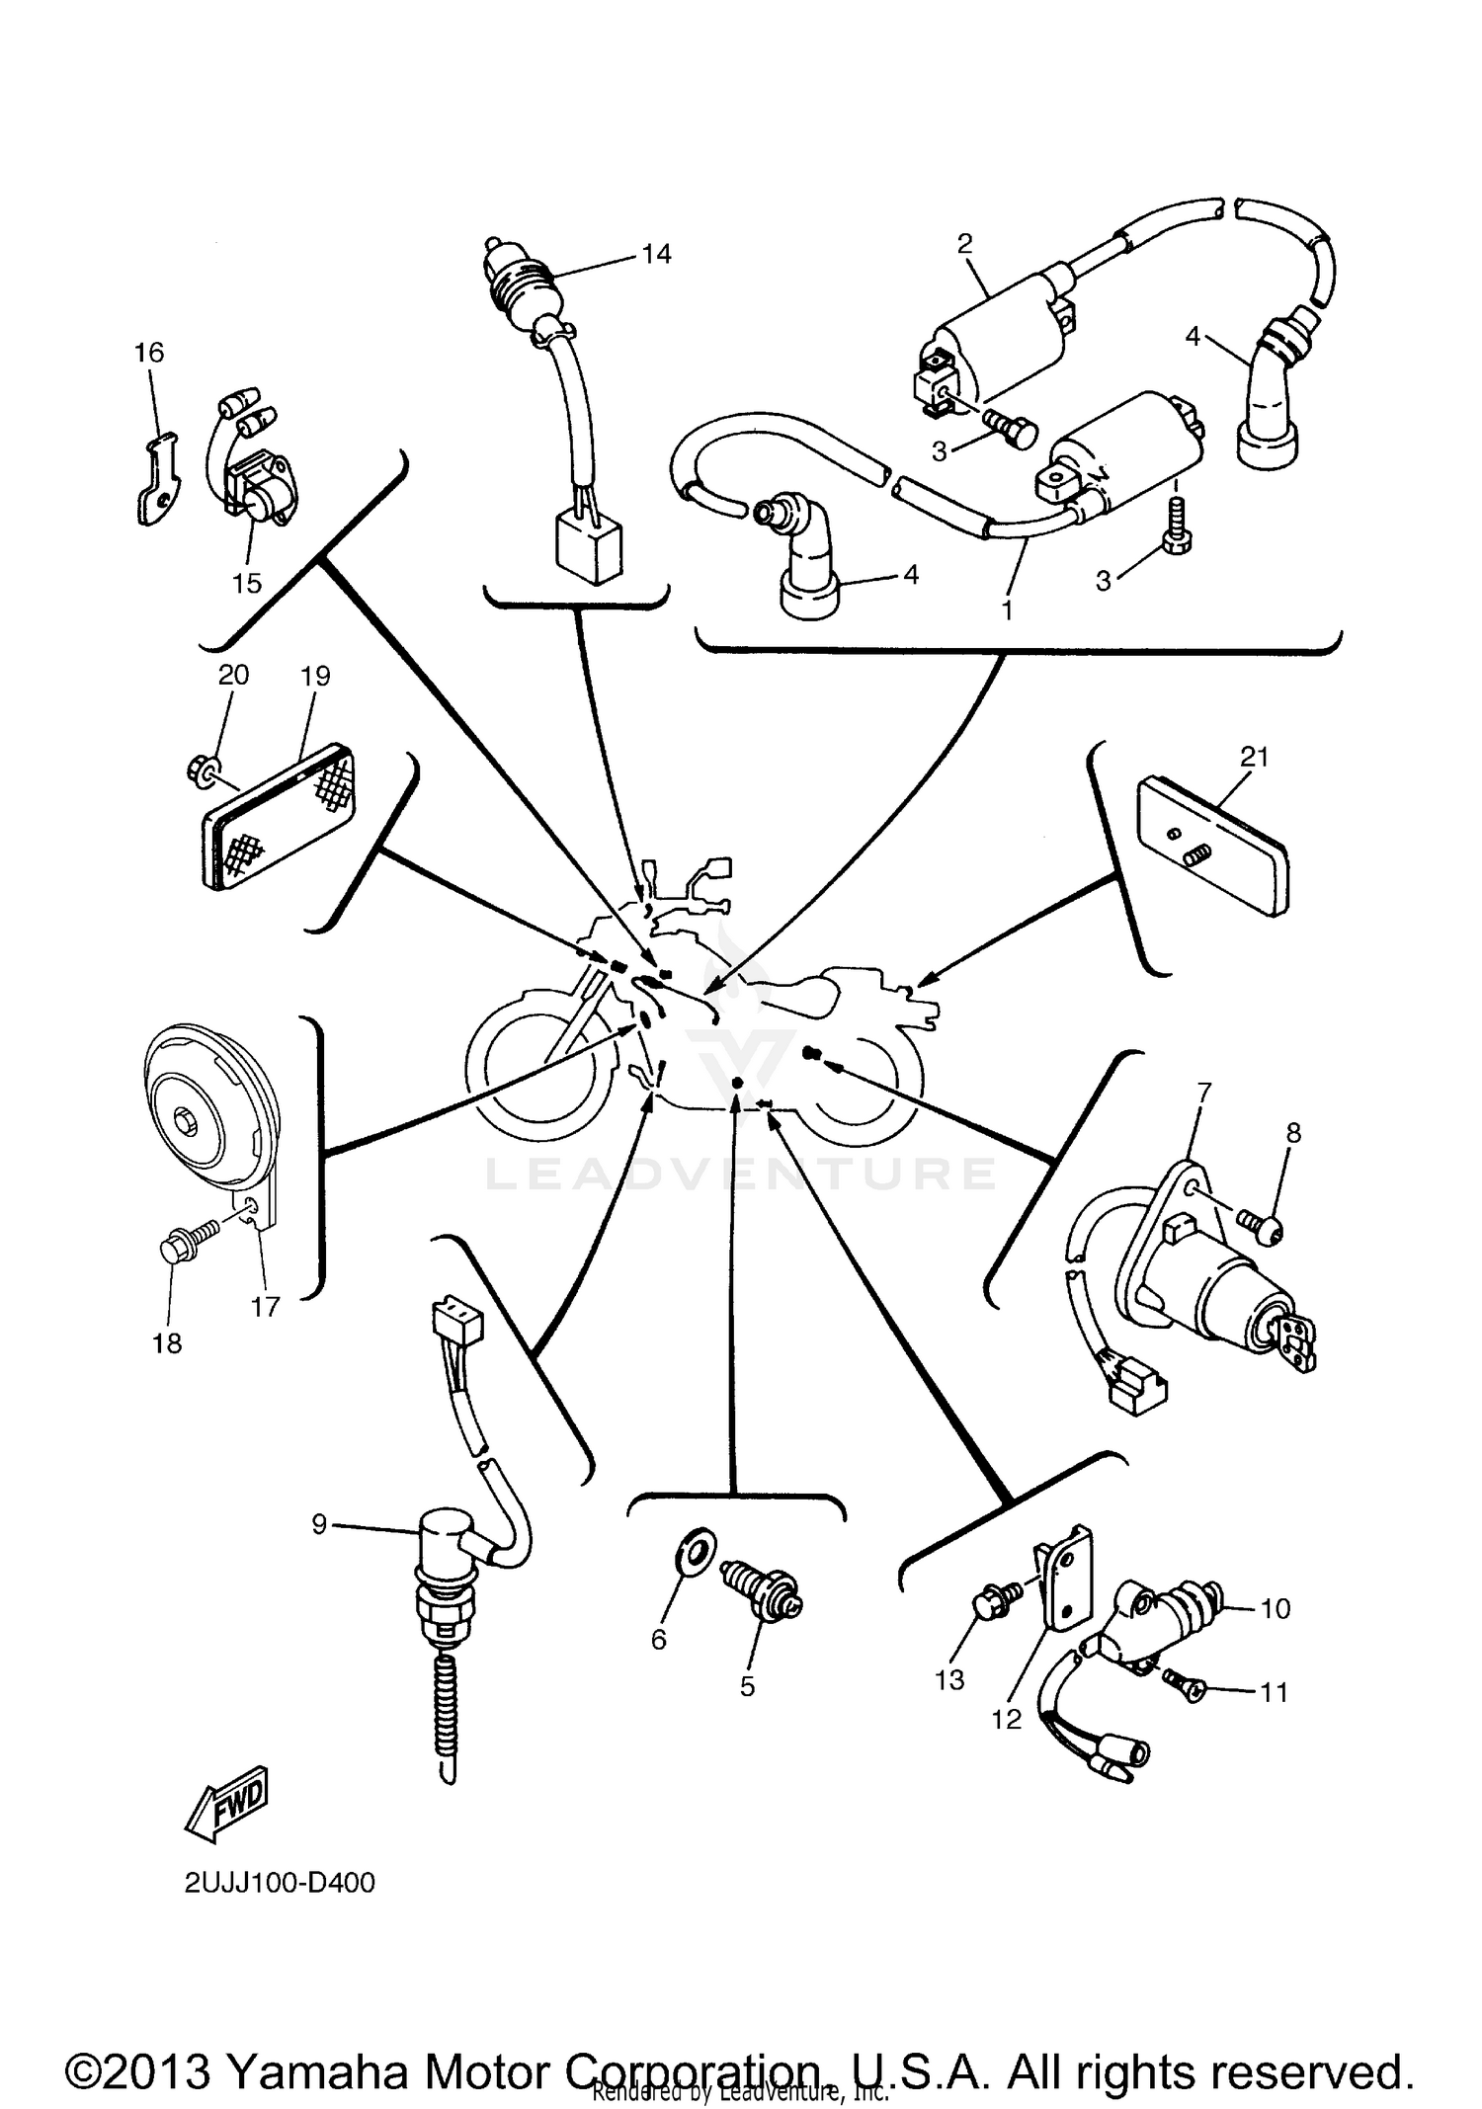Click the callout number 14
(656, 255)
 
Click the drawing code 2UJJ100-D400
(280, 1883)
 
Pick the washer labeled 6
(696, 1550)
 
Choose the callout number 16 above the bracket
(149, 353)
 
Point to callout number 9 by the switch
(318, 1525)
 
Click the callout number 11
(1275, 1692)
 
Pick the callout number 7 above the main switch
(1202, 1093)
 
